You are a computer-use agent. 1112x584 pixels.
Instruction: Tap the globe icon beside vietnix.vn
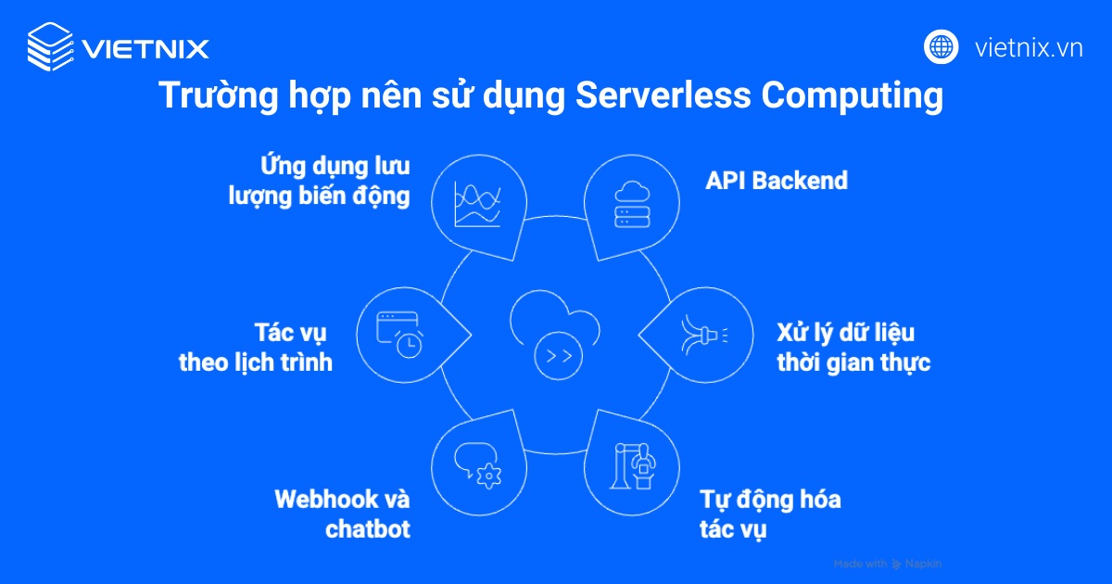pos(941,46)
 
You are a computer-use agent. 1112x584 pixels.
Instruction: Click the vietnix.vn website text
pos(1029,48)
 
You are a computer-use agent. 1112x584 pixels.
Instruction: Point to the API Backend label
pos(776,180)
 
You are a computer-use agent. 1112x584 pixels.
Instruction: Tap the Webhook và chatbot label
pos(343,514)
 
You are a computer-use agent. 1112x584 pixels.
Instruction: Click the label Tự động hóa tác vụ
pos(769,514)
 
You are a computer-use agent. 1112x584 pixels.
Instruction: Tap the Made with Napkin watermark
pos(887,564)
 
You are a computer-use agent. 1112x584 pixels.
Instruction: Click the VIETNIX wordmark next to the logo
pos(145,48)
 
